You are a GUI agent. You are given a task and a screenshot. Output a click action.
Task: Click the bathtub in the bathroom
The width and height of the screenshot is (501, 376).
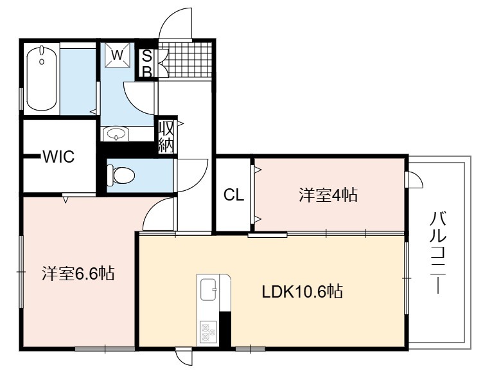click(42, 78)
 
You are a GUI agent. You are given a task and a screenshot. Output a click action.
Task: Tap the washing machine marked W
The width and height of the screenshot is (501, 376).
click(118, 55)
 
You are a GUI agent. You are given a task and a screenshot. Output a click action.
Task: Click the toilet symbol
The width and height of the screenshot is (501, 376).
click(121, 175)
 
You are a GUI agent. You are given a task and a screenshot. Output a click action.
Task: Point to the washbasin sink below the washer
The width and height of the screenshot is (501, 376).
click(116, 134)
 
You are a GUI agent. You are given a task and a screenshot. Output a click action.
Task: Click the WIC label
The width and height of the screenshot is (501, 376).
click(59, 157)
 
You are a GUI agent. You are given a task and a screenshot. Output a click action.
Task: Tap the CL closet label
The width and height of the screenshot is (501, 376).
click(234, 195)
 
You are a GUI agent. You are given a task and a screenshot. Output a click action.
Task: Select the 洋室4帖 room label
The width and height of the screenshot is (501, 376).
click(328, 195)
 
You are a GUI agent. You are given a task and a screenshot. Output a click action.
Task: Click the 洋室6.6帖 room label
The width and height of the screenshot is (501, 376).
click(78, 274)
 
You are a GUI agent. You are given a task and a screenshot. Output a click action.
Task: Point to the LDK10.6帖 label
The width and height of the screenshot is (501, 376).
click(303, 292)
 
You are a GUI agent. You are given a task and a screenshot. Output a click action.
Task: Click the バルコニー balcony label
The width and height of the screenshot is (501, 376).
click(438, 252)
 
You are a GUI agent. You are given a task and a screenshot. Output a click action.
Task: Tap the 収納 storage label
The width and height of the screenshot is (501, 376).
click(166, 137)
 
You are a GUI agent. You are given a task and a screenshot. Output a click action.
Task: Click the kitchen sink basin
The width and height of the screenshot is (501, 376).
click(207, 289)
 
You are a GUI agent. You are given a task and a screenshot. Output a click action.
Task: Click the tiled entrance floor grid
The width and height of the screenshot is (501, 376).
click(186, 60)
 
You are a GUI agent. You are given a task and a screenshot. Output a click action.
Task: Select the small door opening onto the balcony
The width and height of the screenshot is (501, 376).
click(414, 180)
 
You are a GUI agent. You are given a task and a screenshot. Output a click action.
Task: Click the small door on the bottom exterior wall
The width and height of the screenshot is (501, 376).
click(184, 357)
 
